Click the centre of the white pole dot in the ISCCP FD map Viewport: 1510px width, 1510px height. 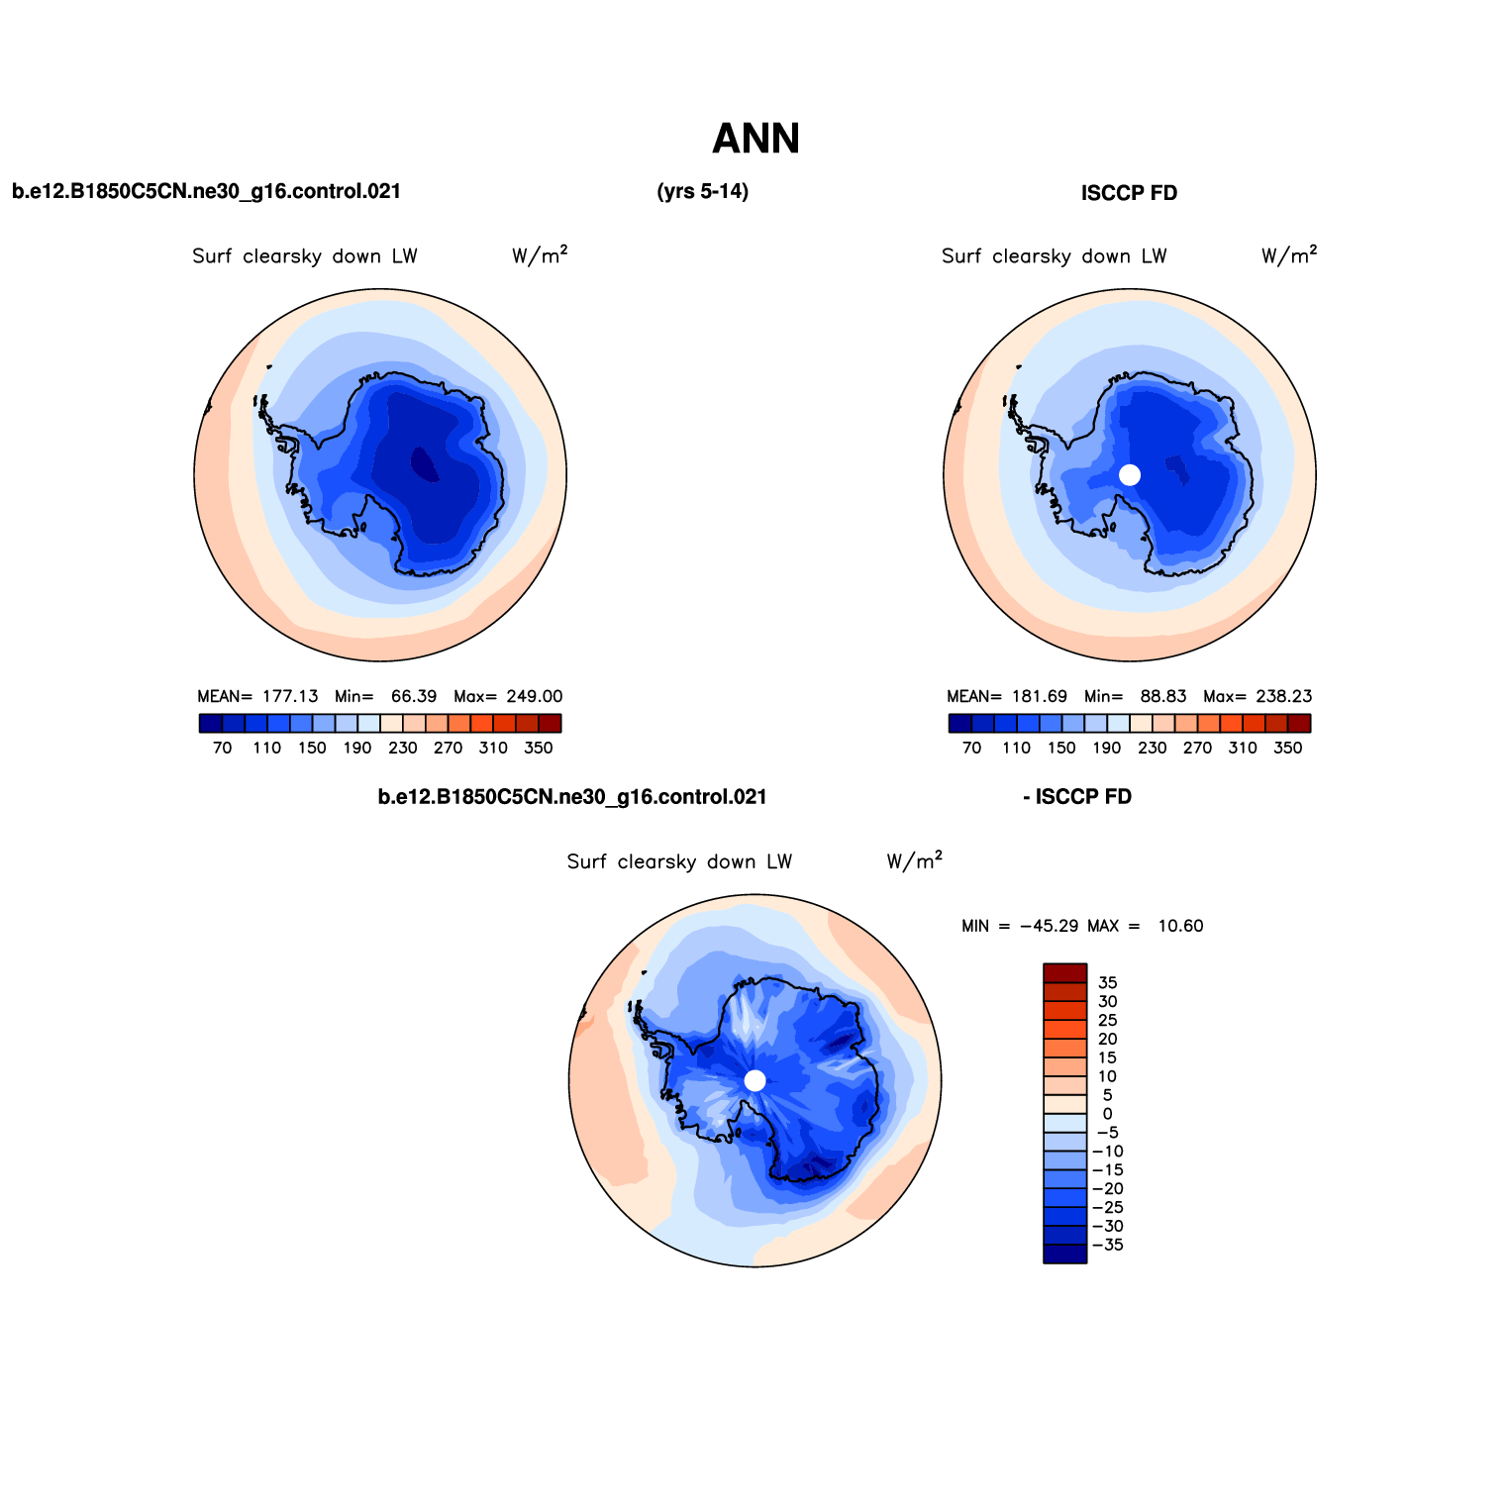coord(1130,475)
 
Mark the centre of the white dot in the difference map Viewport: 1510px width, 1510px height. coord(755,1080)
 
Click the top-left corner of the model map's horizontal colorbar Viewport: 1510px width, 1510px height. coord(199,715)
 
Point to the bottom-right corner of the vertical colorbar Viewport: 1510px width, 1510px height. coord(1087,1263)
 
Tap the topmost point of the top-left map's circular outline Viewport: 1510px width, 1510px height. coord(380,289)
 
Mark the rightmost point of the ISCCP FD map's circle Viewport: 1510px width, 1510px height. coord(1316,475)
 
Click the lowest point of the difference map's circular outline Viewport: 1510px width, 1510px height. coord(755,1266)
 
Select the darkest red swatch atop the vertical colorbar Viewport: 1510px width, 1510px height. coord(1065,972)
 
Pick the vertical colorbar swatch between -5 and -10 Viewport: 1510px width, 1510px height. coord(1065,1142)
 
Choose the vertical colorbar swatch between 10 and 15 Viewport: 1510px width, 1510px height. coord(1065,1066)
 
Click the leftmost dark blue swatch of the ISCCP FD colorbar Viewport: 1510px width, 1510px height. coord(959,724)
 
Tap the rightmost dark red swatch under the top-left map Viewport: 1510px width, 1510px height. coord(550,724)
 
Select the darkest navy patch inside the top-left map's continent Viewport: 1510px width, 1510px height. coord(424,463)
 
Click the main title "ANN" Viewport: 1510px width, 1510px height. coord(755,139)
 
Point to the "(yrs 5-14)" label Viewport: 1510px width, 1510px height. coord(702,192)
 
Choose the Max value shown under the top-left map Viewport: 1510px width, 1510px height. coord(534,697)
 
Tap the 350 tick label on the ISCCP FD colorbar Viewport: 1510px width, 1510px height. coord(1287,749)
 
